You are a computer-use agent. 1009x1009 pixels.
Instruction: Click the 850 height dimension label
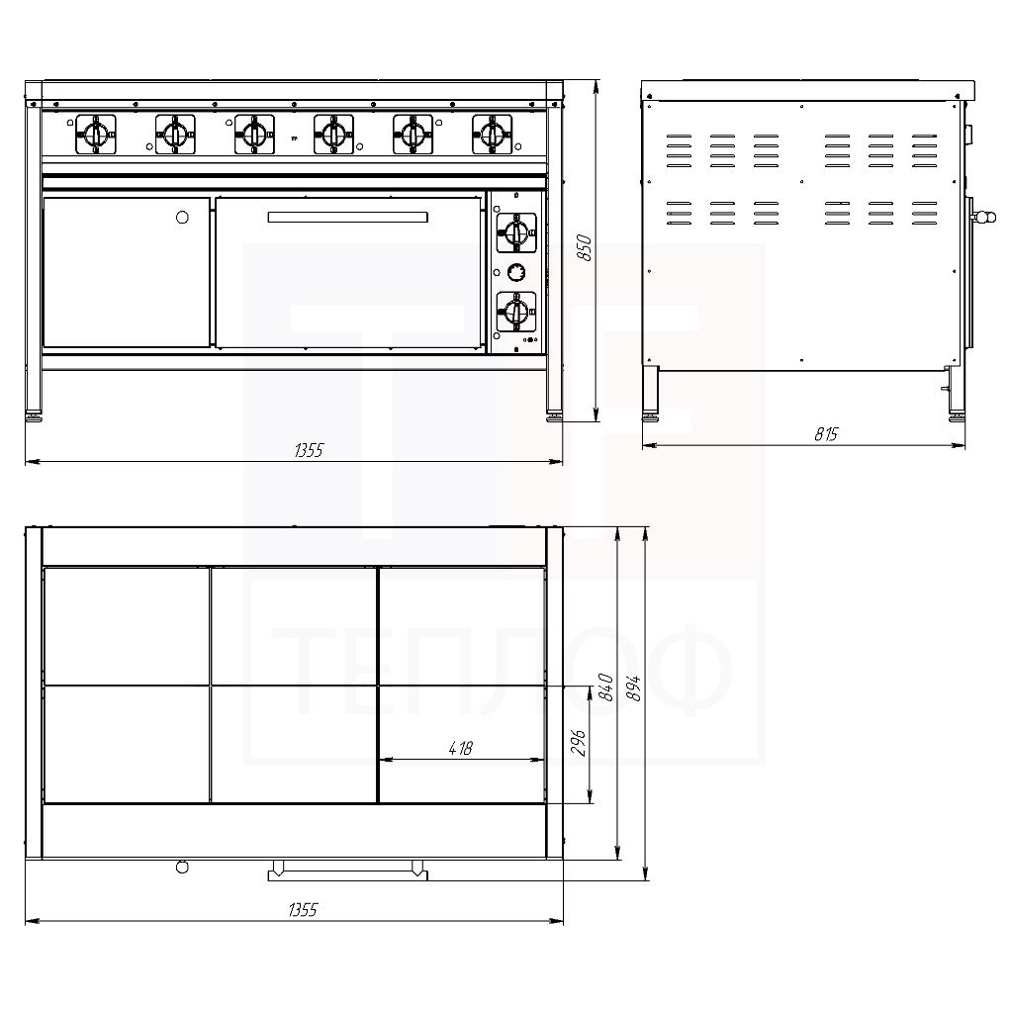584,247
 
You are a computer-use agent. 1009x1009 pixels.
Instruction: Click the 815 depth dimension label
826,434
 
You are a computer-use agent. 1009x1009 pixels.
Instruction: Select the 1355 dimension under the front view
309,450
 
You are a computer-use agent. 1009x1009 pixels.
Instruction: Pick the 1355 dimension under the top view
303,909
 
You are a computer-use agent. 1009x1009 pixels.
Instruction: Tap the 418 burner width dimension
461,748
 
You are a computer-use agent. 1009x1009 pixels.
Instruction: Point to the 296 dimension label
578,742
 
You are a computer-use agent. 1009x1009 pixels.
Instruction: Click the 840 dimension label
604,687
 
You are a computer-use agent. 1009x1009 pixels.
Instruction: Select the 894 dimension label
633,688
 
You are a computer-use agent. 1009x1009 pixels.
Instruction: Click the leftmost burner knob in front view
96,135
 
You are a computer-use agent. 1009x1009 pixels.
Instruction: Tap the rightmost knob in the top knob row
493,135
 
